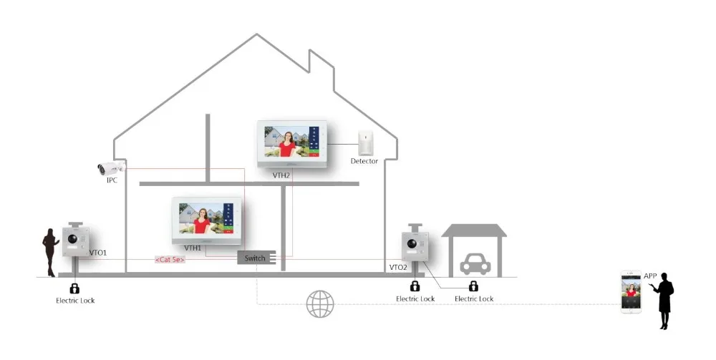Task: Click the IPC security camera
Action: point(112,168)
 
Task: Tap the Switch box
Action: point(256,258)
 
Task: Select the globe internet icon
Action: point(319,304)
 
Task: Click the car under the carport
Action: point(475,263)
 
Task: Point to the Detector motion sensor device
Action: point(366,143)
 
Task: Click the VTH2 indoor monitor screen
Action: point(292,144)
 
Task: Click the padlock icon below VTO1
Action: point(74,288)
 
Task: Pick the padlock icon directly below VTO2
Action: point(415,286)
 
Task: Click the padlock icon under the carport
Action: point(473,286)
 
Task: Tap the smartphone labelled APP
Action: point(631,292)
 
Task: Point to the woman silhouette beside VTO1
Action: point(50,253)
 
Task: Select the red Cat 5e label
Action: point(170,260)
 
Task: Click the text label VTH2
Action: point(281,175)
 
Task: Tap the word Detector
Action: point(364,161)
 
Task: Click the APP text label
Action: point(650,276)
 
